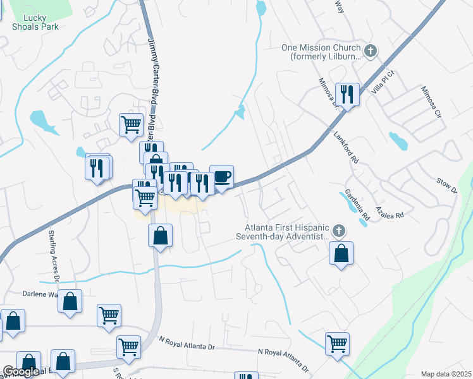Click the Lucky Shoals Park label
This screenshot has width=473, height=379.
click(35, 22)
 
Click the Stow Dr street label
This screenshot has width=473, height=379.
click(446, 186)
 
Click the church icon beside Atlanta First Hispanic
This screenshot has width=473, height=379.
click(339, 230)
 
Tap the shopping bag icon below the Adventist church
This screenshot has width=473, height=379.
click(341, 253)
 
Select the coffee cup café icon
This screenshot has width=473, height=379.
click(221, 176)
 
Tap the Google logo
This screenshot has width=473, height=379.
click(21, 371)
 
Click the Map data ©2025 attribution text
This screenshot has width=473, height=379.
click(446, 374)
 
